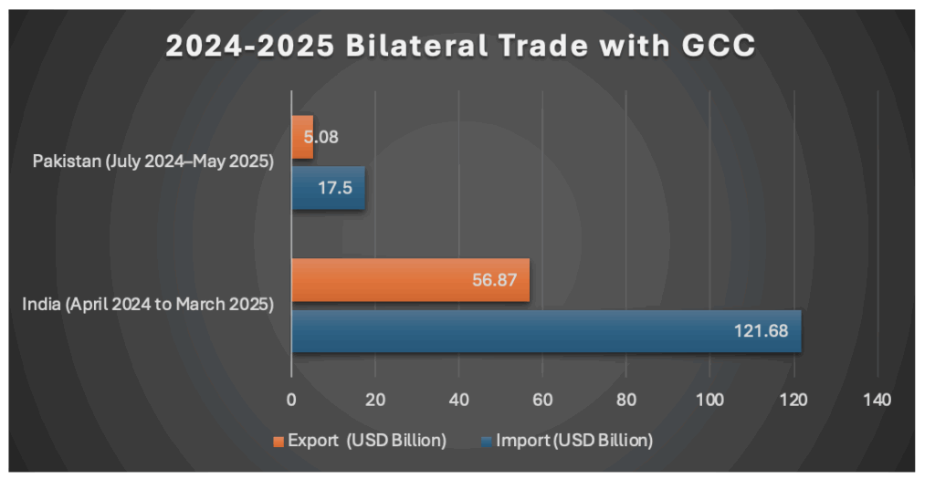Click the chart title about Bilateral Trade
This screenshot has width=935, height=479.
460,46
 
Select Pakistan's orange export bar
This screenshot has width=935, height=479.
302,138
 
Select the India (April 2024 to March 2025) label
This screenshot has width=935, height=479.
148,305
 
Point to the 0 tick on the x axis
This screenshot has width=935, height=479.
291,399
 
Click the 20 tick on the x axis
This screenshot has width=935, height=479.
375,399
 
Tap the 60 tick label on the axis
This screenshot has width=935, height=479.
542,399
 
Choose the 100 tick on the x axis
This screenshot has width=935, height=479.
709,399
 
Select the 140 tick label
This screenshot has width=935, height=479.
877,399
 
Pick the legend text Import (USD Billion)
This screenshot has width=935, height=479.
574,441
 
